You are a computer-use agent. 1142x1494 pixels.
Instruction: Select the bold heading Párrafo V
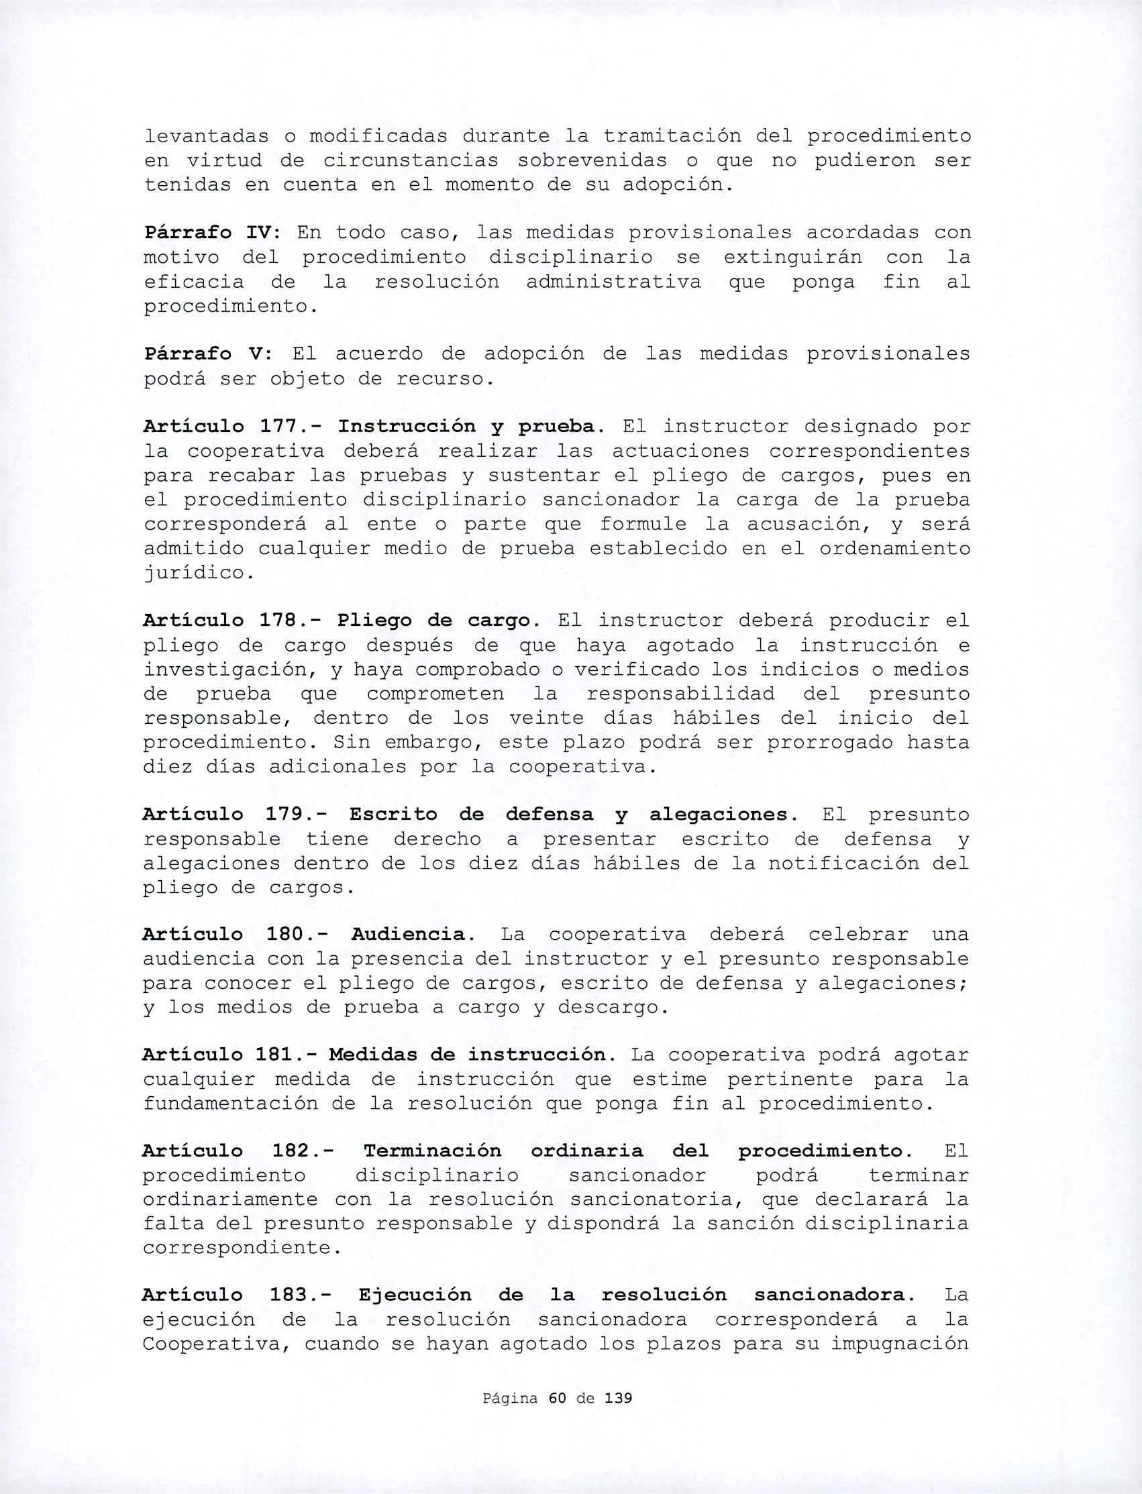(208, 354)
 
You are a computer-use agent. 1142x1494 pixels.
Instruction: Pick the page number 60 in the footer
(557, 1411)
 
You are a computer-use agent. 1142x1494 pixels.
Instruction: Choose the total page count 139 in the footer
(618, 1411)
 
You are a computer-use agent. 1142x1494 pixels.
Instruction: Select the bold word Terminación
(432, 1151)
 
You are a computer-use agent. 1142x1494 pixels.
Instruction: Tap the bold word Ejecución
(415, 1295)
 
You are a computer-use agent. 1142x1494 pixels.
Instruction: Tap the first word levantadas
(207, 137)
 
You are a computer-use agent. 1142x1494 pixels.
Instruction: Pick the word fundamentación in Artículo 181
(230, 1103)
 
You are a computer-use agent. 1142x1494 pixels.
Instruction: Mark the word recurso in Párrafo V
(443, 378)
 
